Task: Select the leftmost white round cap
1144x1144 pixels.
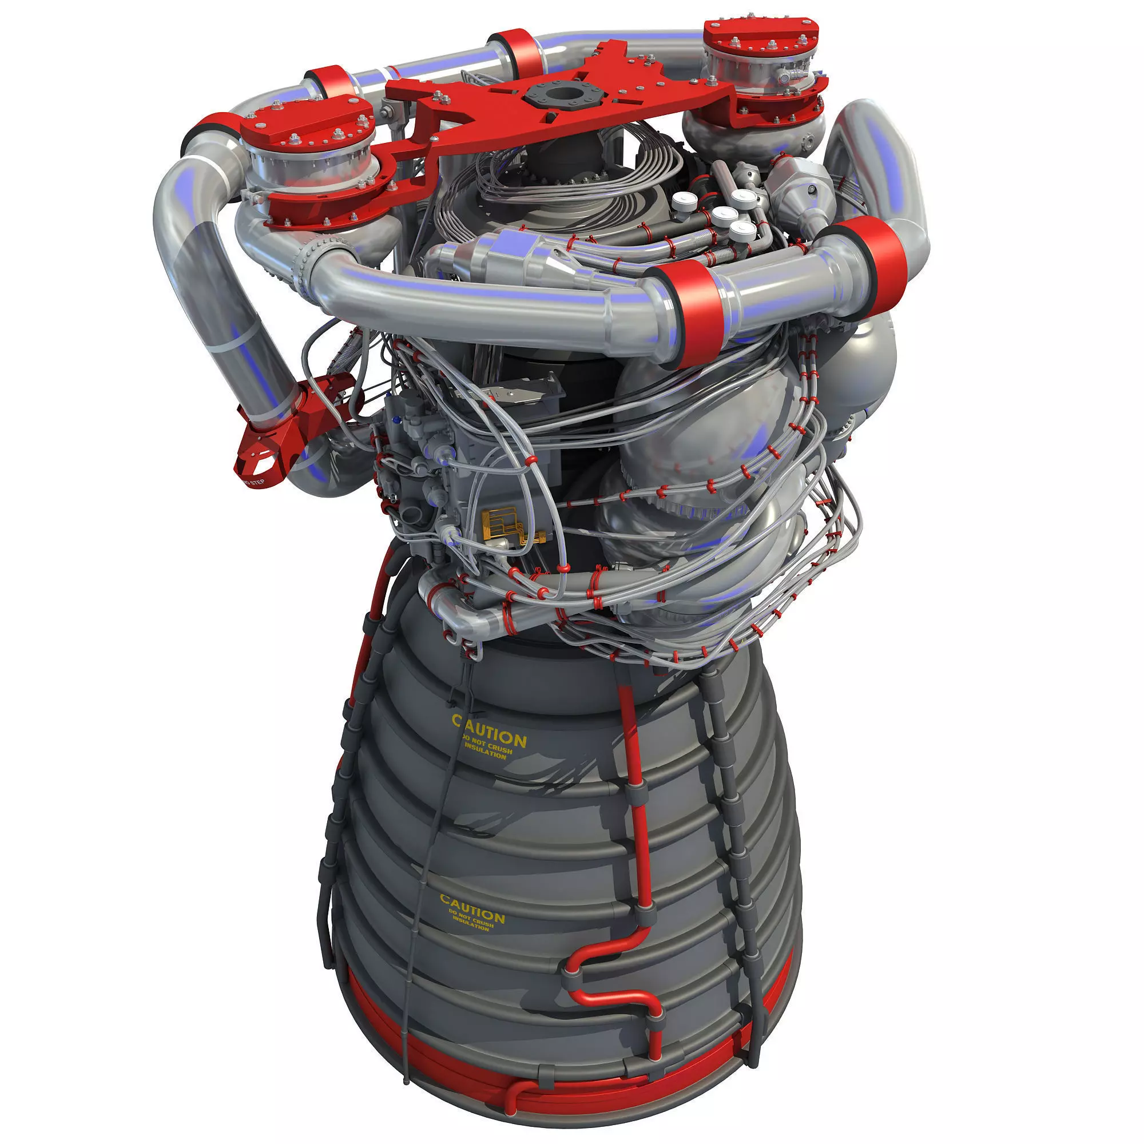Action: (x=684, y=201)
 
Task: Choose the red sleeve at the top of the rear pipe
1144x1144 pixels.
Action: (x=511, y=50)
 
